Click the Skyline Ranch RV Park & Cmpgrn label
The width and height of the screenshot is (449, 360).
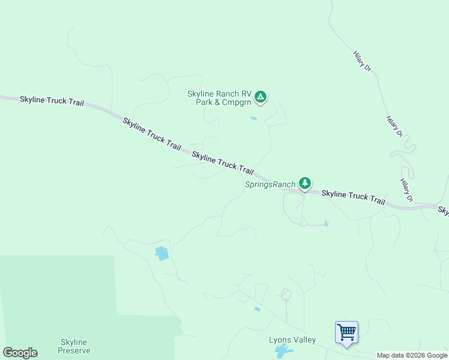point(219,98)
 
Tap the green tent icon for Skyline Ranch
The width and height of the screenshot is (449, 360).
point(261,97)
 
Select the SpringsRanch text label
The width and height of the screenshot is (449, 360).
point(270,184)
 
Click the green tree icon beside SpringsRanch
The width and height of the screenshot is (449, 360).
point(305,183)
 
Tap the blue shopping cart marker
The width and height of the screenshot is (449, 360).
point(346,332)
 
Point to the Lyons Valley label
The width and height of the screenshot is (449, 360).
point(292,340)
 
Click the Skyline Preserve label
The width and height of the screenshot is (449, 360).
point(75,346)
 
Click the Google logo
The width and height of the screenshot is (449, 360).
point(20,353)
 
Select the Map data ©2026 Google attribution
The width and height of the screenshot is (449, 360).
point(412,355)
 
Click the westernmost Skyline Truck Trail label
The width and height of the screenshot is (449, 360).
point(52,101)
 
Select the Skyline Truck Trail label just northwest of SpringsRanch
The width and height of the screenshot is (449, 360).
point(223,163)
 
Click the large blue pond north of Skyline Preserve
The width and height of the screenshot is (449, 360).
point(162,253)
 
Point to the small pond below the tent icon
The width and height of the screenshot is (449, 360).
point(254,119)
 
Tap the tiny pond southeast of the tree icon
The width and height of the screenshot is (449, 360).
point(326,224)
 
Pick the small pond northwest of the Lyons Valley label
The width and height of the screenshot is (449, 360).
point(257,310)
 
